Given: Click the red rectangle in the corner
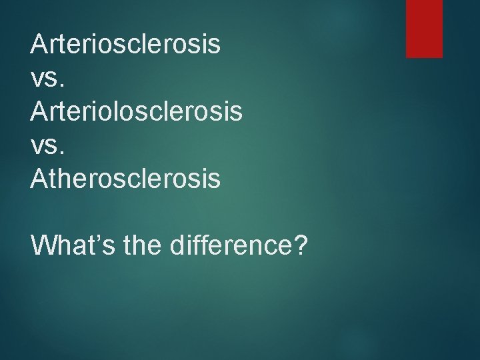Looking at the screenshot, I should coord(425,28).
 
